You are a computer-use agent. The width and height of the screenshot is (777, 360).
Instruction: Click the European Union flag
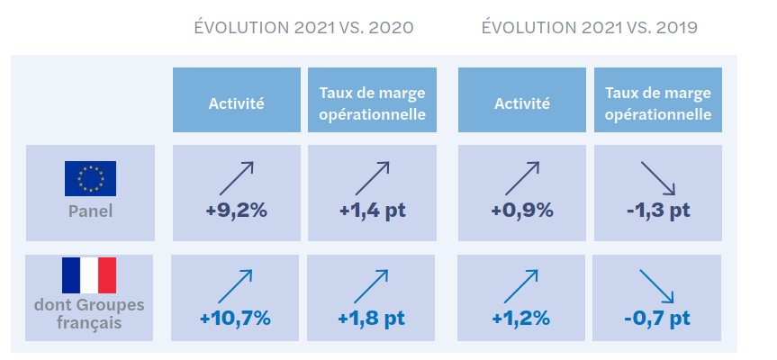tap(90, 178)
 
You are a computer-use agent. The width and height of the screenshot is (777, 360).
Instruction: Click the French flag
tap(89, 275)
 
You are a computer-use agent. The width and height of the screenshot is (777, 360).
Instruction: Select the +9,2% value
tap(236, 211)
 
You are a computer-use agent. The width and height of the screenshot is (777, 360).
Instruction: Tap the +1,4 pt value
tap(372, 211)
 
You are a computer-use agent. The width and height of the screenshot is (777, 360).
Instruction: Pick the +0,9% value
tap(522, 211)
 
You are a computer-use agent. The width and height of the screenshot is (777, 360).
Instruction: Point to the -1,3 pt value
tap(657, 211)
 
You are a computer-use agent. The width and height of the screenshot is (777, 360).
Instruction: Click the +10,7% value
tap(236, 318)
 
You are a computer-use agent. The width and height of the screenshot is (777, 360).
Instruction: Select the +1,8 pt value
tap(372, 318)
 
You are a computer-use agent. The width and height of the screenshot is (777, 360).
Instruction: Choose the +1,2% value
tap(522, 318)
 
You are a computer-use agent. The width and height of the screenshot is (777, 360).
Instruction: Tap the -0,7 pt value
tap(657, 318)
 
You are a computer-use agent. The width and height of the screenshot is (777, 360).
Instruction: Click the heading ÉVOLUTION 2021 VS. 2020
tap(304, 28)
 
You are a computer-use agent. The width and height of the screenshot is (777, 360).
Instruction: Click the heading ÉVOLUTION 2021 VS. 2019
tap(590, 28)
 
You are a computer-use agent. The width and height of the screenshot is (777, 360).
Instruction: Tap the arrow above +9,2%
tap(236, 178)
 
